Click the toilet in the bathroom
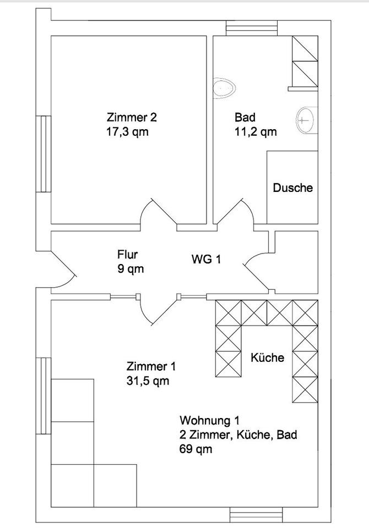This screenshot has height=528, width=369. coord(224,89)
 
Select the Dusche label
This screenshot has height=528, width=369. coord(293,188)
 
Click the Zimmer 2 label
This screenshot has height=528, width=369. coord(132,118)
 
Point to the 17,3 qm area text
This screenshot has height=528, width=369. coord(127,131)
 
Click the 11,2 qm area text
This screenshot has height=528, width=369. coord(256,131)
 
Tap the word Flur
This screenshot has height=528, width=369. coord(127,254)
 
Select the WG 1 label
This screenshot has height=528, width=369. coord(206,259)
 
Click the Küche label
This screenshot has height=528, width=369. coord(268,358)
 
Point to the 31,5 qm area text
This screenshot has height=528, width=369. coord(148,381)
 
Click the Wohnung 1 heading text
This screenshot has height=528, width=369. coord(209,421)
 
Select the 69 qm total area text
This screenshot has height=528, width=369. coord(196,449)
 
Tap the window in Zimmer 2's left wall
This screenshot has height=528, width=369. coord(44,154)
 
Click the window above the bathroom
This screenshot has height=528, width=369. coord(252,28)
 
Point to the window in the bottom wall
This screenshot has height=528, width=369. coord(256,515)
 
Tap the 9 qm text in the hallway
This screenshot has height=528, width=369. coord(131,269)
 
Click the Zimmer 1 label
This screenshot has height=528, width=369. coord(151,366)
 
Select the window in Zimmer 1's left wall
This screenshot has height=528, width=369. coord(44,396)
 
